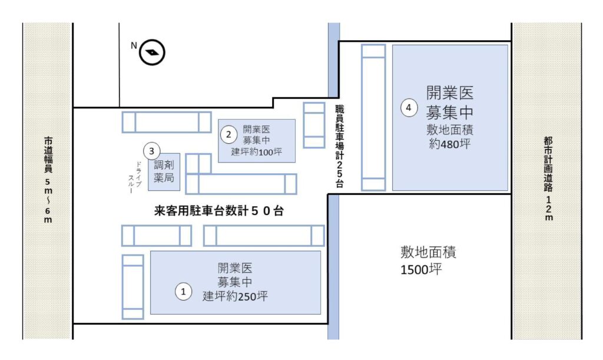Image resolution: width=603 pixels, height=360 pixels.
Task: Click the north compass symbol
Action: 152,52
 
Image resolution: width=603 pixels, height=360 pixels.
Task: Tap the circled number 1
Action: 183,292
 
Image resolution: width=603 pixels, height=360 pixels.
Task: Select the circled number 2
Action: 228,134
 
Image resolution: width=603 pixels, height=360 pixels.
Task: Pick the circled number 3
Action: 151,151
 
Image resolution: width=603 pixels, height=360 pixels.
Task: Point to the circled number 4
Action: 409,108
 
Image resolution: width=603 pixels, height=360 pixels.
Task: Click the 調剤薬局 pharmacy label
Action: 164,171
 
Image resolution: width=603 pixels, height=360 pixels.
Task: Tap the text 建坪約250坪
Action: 235,296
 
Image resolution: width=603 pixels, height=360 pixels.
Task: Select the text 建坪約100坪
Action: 257,152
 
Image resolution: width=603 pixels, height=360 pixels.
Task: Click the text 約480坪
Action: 449,144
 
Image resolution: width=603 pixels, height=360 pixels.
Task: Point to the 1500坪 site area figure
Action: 421,269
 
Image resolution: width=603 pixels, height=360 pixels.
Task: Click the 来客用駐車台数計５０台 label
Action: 219,211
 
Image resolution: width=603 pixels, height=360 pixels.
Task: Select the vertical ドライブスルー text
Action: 135,177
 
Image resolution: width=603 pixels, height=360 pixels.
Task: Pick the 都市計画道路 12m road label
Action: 548,179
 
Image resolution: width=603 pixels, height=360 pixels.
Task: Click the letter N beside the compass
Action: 134,45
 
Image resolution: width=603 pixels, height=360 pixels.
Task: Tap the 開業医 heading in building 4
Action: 449,93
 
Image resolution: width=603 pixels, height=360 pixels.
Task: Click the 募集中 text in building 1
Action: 235,282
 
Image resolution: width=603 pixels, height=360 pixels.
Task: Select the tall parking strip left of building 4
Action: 373,117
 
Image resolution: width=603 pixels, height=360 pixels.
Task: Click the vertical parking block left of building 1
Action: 133,287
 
